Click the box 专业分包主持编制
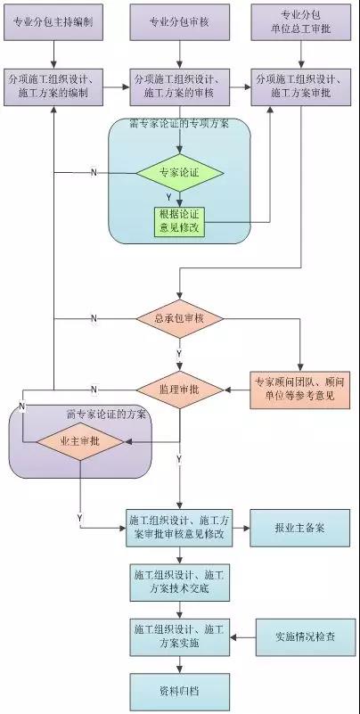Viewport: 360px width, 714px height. point(53,21)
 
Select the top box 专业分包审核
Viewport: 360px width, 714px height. point(179,21)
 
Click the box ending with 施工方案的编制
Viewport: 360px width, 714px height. point(53,86)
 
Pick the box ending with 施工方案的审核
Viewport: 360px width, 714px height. point(179,86)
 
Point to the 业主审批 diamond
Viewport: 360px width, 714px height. point(79,440)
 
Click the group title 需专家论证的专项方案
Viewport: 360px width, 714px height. point(179,124)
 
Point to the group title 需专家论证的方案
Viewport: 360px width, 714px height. point(107,414)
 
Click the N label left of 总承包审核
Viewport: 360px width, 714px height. point(94,318)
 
